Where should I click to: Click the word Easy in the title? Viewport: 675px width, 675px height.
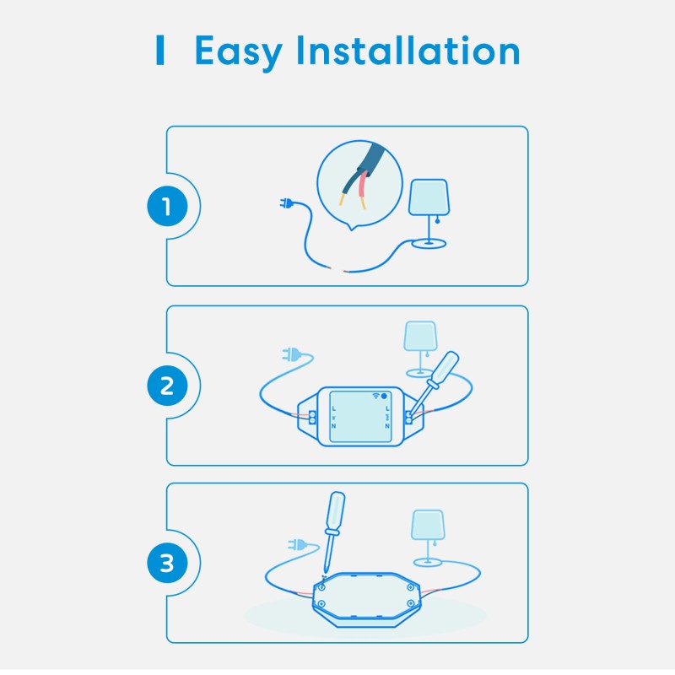tap(238, 52)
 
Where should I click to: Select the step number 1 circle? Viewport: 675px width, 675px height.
tap(166, 207)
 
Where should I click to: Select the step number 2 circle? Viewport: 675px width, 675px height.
tap(166, 386)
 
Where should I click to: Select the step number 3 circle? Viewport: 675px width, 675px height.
tap(166, 563)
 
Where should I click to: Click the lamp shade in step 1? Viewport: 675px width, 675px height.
tap(429, 196)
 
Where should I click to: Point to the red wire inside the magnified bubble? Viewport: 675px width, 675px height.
tap(361, 186)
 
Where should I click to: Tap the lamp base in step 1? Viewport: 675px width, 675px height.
tap(429, 244)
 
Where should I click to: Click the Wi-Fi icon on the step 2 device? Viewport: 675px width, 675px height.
tap(375, 395)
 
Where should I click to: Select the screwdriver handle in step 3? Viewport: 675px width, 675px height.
tap(336, 516)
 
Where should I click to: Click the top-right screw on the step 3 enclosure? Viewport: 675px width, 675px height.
tap(410, 586)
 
